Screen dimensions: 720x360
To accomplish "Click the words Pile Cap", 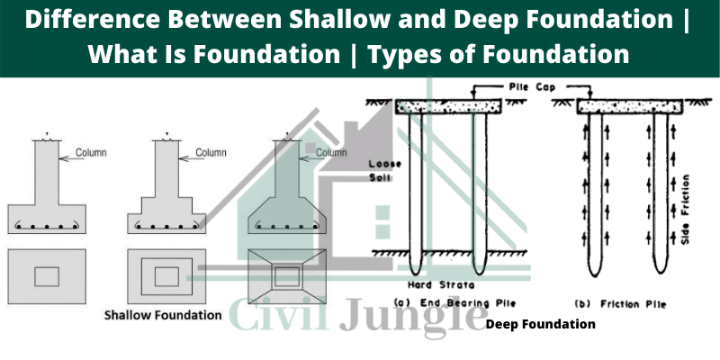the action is pyautogui.click(x=532, y=86).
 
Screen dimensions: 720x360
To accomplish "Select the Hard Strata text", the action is pyautogui.click(x=441, y=285).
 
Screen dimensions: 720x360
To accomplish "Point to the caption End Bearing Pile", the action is pyautogui.click(x=454, y=303).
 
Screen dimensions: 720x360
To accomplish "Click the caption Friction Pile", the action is pyautogui.click(x=620, y=304).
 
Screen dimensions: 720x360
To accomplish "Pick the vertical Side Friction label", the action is pyautogui.click(x=687, y=209).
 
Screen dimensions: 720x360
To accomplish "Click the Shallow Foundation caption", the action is pyautogui.click(x=163, y=316).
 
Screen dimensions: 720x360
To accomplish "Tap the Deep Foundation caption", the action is pyautogui.click(x=541, y=324).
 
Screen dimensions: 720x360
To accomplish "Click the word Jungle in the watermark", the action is pyautogui.click(x=413, y=316).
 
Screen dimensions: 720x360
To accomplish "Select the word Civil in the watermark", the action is pyautogui.click(x=279, y=313).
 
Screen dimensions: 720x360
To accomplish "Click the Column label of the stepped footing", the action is pyautogui.click(x=211, y=152).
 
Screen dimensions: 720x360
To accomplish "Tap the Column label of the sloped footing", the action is pyautogui.click(x=331, y=152).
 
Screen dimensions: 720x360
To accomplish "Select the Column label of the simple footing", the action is pyautogui.click(x=91, y=152).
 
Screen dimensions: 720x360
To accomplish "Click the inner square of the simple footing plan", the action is pyautogui.click(x=47, y=277).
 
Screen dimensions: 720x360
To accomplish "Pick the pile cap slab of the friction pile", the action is pyautogui.click(x=629, y=107).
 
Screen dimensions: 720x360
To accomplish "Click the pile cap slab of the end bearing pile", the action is pyautogui.click(x=447, y=106).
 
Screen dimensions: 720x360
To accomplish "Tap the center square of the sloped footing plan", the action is pyautogui.click(x=287, y=277).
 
